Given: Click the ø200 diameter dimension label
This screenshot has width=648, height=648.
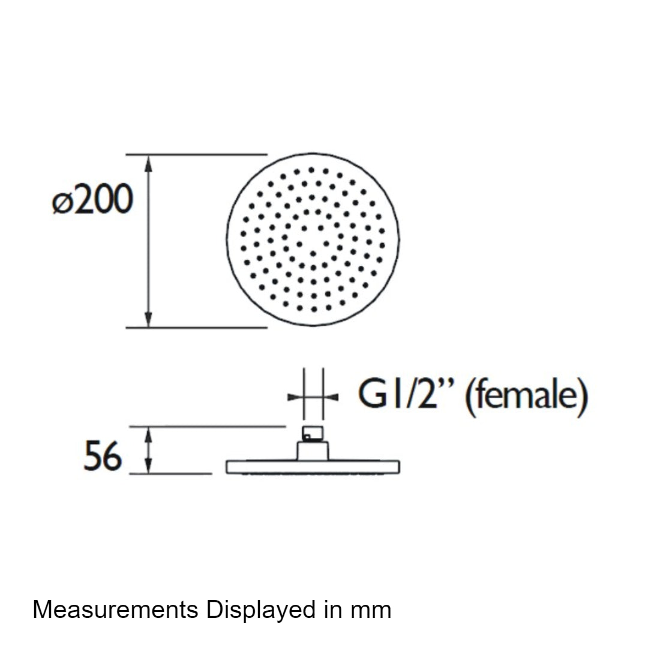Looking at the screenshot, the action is tap(92, 200).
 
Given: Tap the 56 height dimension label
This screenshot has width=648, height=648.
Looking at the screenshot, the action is tap(103, 456).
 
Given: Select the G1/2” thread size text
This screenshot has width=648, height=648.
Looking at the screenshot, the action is tap(406, 394).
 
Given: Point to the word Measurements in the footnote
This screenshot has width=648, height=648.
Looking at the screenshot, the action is tap(115, 610).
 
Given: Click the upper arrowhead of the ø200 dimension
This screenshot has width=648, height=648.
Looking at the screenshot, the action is tap(149, 163).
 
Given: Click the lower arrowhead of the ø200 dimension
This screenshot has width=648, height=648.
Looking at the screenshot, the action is tap(149, 319).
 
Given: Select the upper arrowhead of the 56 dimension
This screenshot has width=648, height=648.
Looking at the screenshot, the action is tap(149, 434).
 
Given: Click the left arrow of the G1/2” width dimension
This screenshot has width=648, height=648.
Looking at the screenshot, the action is tap(295, 397).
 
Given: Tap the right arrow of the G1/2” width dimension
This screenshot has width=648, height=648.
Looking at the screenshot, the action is tap(331, 397).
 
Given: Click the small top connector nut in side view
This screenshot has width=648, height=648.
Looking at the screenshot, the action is tap(313, 434).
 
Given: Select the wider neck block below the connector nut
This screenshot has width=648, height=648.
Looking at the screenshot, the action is tap(313, 451).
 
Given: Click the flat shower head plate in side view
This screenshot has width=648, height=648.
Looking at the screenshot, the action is tap(313, 467).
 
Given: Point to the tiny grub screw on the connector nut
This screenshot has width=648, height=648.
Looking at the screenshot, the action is tap(307, 436).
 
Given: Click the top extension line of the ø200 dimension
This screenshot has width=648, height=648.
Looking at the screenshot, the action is tap(197, 155).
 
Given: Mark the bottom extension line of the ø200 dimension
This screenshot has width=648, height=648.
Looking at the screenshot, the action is tap(197, 328).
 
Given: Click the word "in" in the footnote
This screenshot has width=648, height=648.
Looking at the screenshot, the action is tap(334, 610).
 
